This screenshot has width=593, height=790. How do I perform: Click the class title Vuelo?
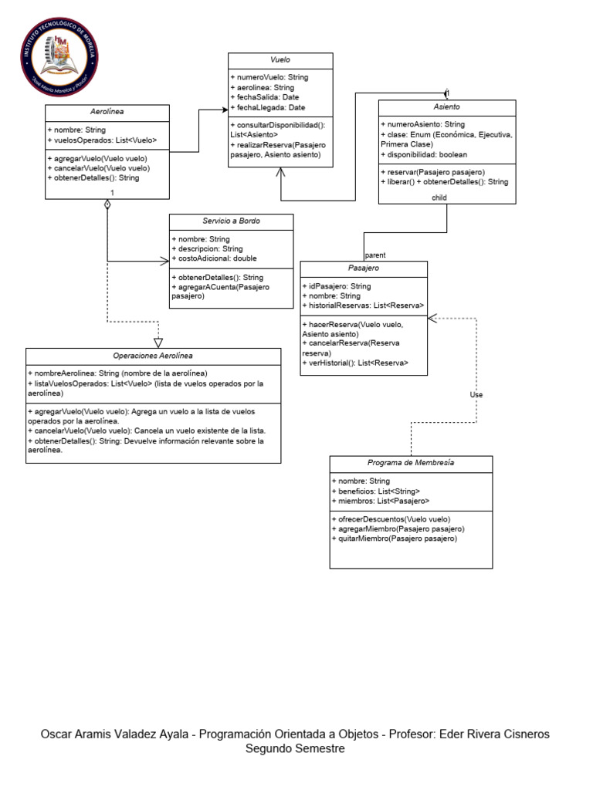(280, 60)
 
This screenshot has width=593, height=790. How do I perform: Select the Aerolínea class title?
(107, 112)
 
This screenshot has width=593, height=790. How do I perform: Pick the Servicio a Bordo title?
(231, 221)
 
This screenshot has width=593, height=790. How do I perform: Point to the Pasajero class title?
(363, 268)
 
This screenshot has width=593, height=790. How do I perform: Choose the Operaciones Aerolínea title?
(153, 356)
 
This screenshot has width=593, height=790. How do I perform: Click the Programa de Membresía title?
(411, 463)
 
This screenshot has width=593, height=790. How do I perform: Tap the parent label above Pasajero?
(375, 254)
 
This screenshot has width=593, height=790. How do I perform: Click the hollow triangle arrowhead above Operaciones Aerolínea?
(158, 342)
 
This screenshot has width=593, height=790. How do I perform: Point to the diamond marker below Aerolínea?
(107, 204)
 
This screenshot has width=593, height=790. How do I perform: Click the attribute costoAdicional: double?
(214, 258)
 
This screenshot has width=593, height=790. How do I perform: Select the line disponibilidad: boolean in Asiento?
(424, 154)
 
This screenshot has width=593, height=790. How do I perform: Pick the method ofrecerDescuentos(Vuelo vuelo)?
(390, 518)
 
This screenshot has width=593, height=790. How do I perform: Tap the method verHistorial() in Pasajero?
(355, 362)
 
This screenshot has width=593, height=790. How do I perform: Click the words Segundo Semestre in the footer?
(295, 748)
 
